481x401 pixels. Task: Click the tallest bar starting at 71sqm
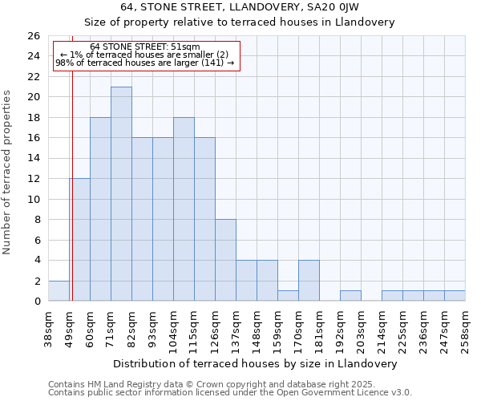tap(121, 194)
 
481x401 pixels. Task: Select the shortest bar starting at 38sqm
tap(59, 291)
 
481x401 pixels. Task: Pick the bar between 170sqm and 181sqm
tap(309, 281)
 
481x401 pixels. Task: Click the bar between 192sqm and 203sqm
tap(350, 296)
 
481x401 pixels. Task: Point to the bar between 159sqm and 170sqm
tap(288, 296)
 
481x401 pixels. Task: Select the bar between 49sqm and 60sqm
tap(79, 240)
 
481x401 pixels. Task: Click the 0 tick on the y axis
tap(37, 302)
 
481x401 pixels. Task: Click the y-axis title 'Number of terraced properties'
tap(8, 172)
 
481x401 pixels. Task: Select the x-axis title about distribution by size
tap(255, 363)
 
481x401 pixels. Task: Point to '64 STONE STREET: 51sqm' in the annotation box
tap(145, 47)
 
